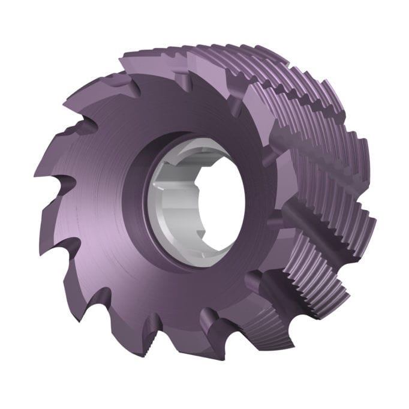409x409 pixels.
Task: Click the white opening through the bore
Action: click(x=219, y=198)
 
